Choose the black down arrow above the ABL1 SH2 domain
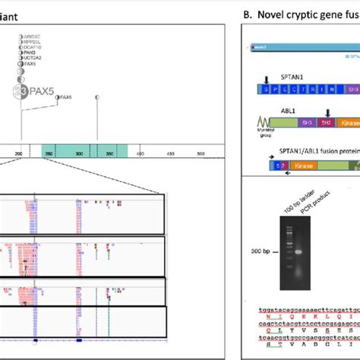(x=306, y=112)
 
